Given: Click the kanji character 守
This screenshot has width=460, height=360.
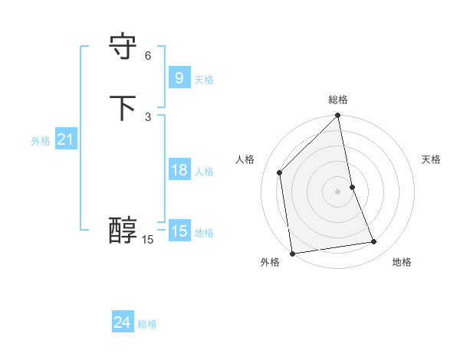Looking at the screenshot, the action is [x=123, y=48].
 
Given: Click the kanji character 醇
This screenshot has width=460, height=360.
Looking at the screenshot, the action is [x=123, y=231].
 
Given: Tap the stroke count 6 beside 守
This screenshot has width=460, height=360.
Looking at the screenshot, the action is [x=148, y=56].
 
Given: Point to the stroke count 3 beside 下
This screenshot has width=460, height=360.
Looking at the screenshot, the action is [x=148, y=116].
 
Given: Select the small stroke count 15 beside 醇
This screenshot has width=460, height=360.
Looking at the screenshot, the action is [x=148, y=240].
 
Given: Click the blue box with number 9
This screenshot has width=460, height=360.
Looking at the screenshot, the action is [x=179, y=77].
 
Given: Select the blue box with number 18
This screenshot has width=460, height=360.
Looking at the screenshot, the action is [x=179, y=170].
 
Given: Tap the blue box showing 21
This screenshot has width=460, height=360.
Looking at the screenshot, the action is [x=65, y=139].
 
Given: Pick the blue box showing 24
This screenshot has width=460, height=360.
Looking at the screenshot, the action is [x=122, y=322].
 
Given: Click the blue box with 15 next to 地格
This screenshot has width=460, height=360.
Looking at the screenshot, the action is [x=179, y=231].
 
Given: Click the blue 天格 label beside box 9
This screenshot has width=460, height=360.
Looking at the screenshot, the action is [x=204, y=79].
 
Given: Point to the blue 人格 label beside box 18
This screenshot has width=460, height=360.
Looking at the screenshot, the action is [x=204, y=172].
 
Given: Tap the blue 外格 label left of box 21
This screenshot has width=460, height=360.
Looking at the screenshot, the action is [x=41, y=141].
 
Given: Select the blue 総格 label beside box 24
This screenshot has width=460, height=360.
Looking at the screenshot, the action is [x=147, y=324].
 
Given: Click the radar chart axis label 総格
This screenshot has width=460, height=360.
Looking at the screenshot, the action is [x=338, y=100].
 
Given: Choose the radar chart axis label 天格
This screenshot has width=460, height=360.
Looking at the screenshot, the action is [x=431, y=159].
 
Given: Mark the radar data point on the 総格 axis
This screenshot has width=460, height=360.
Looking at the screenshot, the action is [x=338, y=116].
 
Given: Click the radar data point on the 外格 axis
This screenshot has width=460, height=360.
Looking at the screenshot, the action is [x=292, y=254].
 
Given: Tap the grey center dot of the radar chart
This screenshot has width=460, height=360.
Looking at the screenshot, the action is [x=338, y=191].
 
